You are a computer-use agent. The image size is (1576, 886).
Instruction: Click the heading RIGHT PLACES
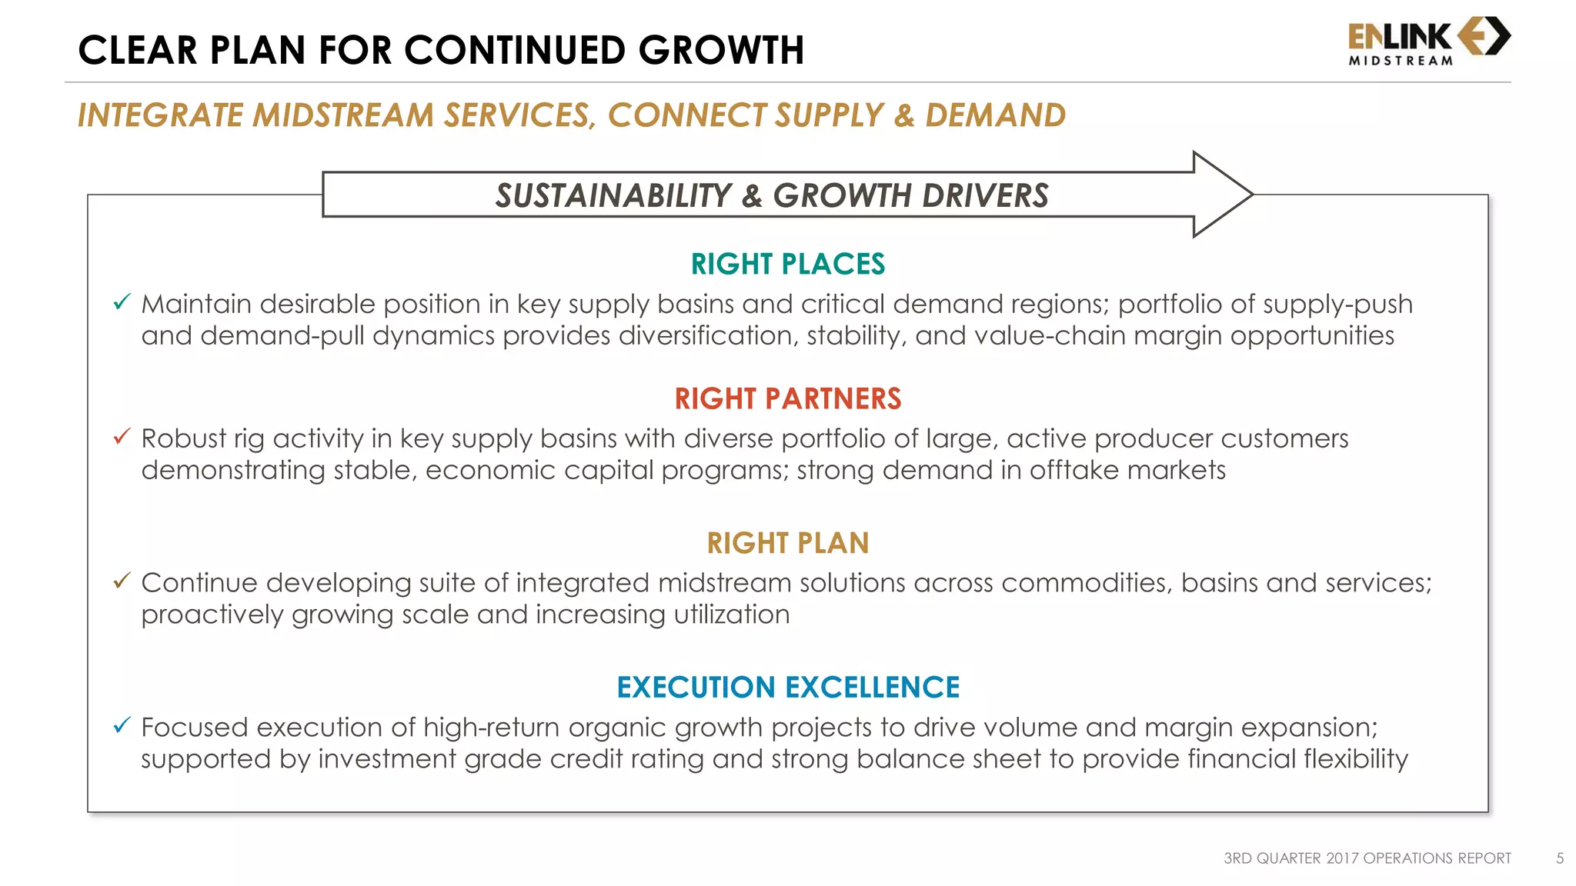click(788, 264)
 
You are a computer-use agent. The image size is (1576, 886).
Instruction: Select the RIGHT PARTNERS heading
click(788, 398)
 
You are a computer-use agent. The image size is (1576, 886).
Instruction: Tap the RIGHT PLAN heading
click(788, 543)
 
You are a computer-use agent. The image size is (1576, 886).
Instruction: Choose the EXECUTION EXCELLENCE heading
click(788, 687)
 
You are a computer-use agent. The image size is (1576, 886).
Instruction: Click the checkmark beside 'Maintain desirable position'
click(122, 302)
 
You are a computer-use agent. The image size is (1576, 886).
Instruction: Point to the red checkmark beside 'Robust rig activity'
click(122, 437)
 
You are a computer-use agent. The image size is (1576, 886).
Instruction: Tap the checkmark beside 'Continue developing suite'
click(122, 581)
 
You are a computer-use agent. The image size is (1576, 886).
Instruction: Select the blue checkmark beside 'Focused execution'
click(122, 725)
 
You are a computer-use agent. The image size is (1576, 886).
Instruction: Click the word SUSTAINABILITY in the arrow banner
click(613, 195)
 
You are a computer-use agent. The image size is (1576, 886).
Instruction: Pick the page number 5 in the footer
click(1560, 858)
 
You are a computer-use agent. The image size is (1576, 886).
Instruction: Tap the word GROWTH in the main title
click(721, 51)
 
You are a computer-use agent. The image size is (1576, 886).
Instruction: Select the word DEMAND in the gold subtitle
click(995, 115)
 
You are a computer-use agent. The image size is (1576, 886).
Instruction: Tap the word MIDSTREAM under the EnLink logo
click(1401, 61)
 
